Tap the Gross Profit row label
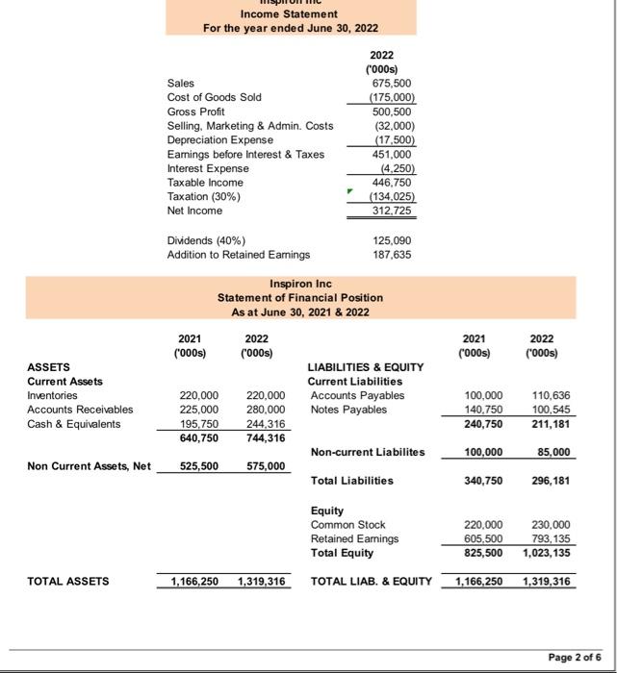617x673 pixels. click(194, 112)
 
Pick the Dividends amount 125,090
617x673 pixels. click(393, 239)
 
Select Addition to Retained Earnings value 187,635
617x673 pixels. click(393, 254)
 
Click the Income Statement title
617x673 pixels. click(289, 14)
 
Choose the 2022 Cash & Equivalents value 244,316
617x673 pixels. click(266, 424)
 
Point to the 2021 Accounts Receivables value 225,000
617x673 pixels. click(198, 410)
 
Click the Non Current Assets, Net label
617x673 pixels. click(90, 466)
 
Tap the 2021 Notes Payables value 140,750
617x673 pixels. click(484, 410)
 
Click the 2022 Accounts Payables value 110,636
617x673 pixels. click(551, 395)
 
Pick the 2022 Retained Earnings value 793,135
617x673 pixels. click(551, 538)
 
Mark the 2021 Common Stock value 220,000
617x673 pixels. click(484, 524)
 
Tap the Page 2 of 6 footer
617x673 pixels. click(575, 657)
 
